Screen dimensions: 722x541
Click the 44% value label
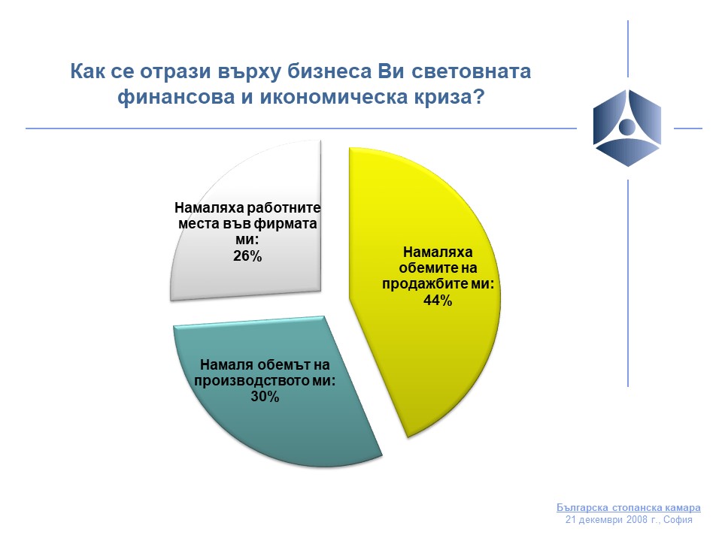(438, 301)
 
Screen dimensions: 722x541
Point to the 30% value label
(265, 397)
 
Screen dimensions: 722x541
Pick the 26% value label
(247, 255)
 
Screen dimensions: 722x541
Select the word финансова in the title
(176, 98)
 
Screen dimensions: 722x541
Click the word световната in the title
(471, 72)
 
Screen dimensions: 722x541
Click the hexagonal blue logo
(627, 128)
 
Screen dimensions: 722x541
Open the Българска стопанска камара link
(629, 507)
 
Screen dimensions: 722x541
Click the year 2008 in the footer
(637, 520)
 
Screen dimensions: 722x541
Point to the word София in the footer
(678, 520)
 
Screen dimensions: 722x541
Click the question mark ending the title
(479, 97)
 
